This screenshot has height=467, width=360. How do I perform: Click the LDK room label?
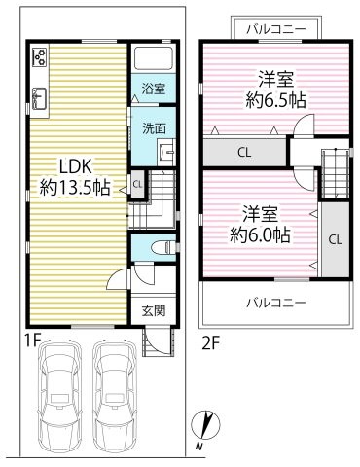(75, 165)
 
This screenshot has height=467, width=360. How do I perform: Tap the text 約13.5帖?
(75, 187)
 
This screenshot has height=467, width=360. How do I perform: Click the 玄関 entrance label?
(154, 310)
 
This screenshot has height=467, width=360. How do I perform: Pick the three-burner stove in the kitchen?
(40, 57)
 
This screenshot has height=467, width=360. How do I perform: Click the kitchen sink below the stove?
(40, 96)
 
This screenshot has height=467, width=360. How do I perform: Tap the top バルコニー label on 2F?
(275, 28)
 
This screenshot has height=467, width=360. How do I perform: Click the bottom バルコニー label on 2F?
(275, 303)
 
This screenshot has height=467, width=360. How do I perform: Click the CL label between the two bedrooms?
(244, 152)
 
